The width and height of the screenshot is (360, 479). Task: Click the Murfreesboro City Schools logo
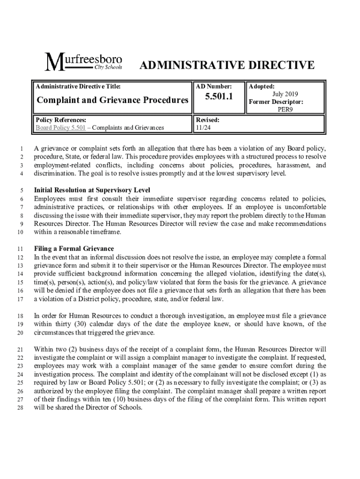click(x=83, y=62)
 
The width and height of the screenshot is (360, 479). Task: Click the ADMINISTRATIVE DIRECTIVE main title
click(x=227, y=65)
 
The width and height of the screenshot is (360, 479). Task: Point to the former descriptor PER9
click(x=285, y=109)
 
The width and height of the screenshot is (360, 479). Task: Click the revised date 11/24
click(x=203, y=127)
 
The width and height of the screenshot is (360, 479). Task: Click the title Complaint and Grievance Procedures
click(x=112, y=100)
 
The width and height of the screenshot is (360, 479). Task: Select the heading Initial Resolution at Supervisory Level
click(x=92, y=190)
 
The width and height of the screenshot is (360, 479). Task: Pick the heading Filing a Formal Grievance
click(x=74, y=248)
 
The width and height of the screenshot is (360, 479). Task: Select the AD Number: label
click(x=214, y=87)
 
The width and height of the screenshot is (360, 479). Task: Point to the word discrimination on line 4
click(x=56, y=174)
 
